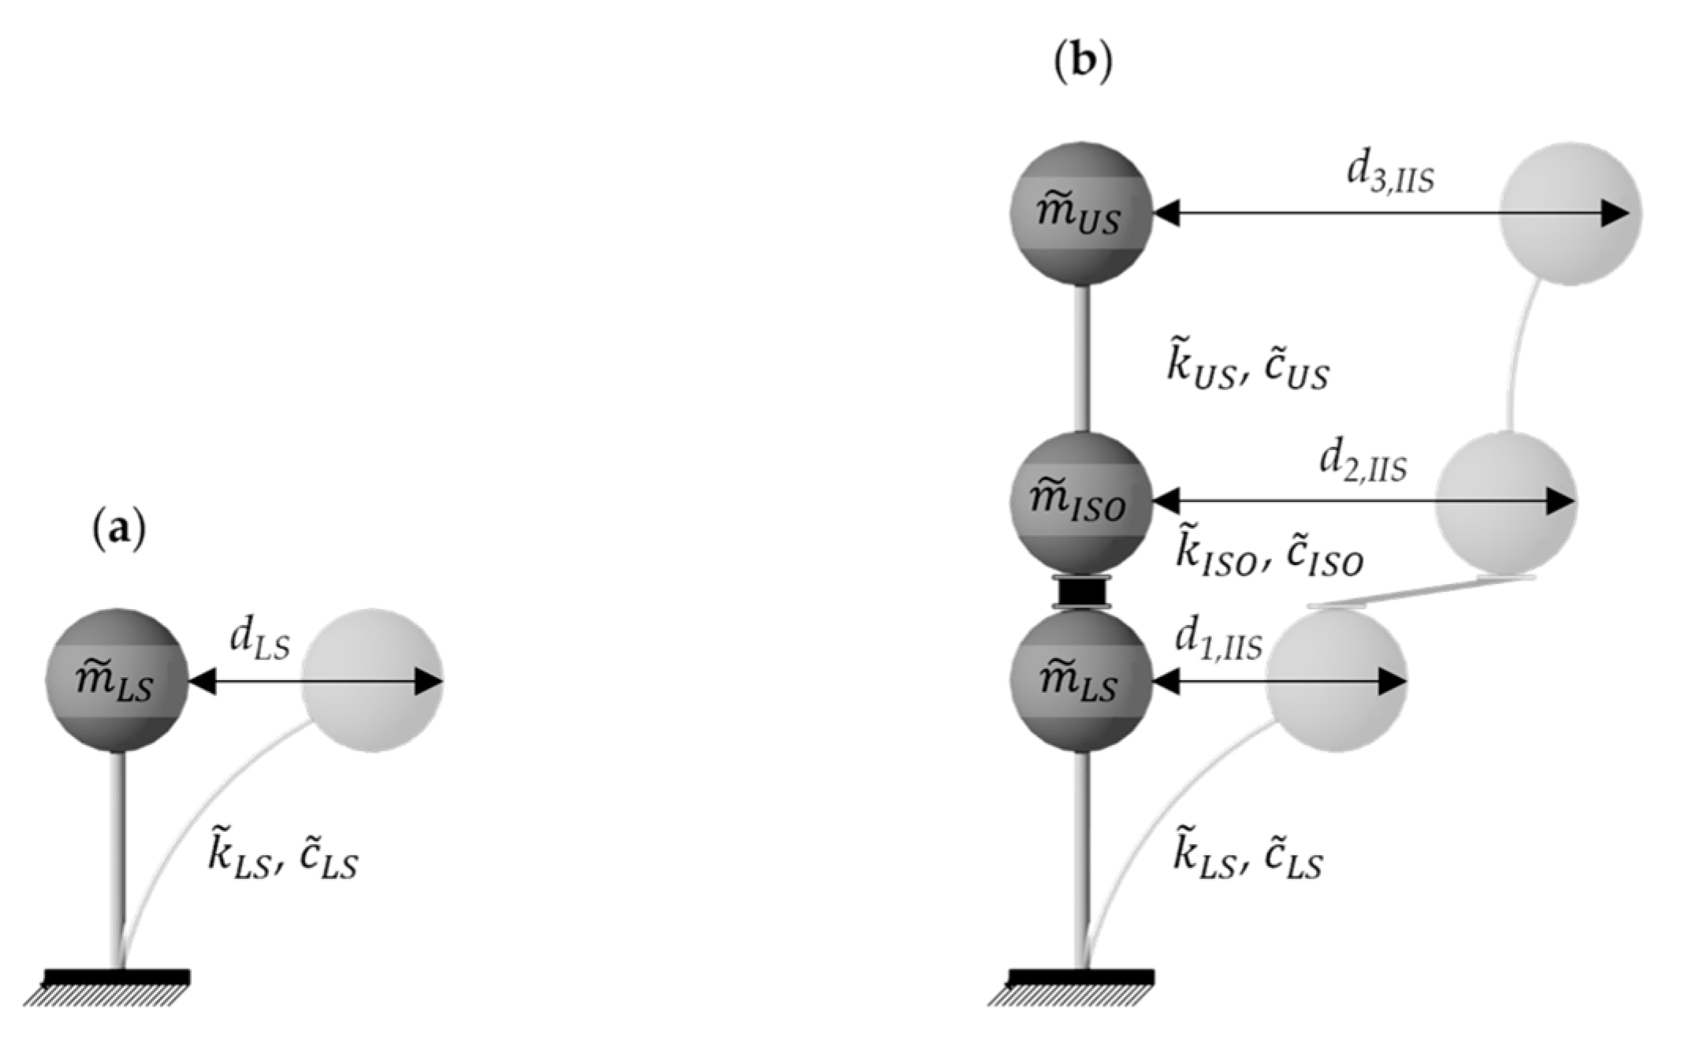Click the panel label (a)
(119, 530)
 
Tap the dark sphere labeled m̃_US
(1081, 214)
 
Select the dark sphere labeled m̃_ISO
(1081, 502)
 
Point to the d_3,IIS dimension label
(1389, 175)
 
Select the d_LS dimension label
(259, 640)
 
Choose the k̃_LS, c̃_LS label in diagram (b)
(1248, 858)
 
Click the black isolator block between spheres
(1081, 591)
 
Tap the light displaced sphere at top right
(1570, 214)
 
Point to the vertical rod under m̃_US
(1082, 359)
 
